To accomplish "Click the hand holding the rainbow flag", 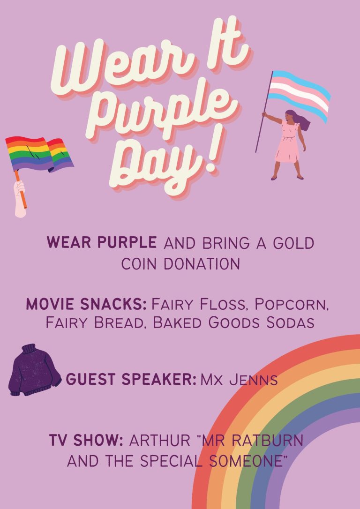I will tap(20, 197).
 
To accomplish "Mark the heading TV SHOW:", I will tap(86, 441).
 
